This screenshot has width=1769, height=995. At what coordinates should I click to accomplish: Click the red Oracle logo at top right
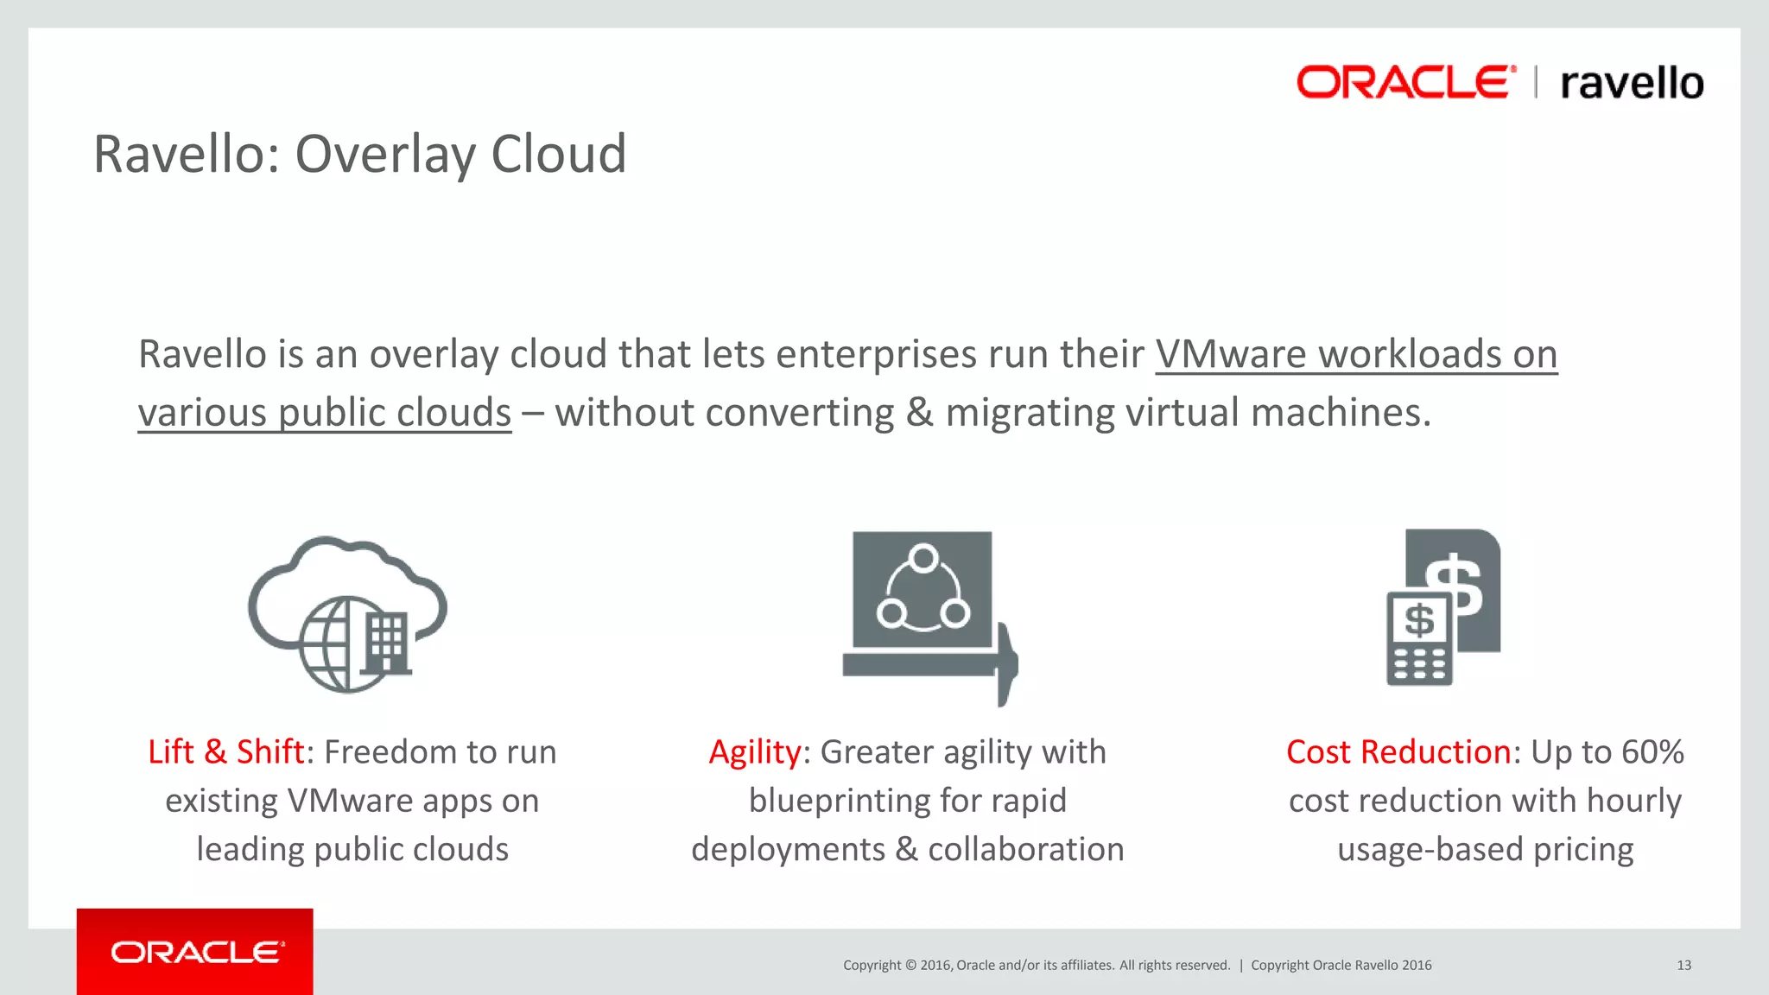click(x=1405, y=82)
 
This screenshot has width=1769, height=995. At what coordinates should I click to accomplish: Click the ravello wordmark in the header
click(x=1632, y=84)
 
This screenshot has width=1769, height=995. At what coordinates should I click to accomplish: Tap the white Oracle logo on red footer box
click(x=198, y=952)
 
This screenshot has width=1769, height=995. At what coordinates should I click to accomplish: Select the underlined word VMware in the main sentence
click(x=1231, y=354)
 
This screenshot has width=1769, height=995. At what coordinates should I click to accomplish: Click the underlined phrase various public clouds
click(x=325, y=413)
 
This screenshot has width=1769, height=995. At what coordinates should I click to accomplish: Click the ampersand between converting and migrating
click(x=920, y=413)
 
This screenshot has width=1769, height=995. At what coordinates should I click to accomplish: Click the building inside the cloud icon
click(x=386, y=643)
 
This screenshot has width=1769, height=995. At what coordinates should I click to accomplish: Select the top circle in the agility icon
click(x=923, y=559)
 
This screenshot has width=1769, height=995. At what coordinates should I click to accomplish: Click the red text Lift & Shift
click(x=225, y=752)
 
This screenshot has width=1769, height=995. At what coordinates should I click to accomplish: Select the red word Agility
click(x=754, y=752)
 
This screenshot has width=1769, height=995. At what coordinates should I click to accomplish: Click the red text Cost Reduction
click(x=1398, y=752)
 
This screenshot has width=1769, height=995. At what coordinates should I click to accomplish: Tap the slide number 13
click(x=1683, y=965)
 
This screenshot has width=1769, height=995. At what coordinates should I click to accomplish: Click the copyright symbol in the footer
click(x=910, y=965)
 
